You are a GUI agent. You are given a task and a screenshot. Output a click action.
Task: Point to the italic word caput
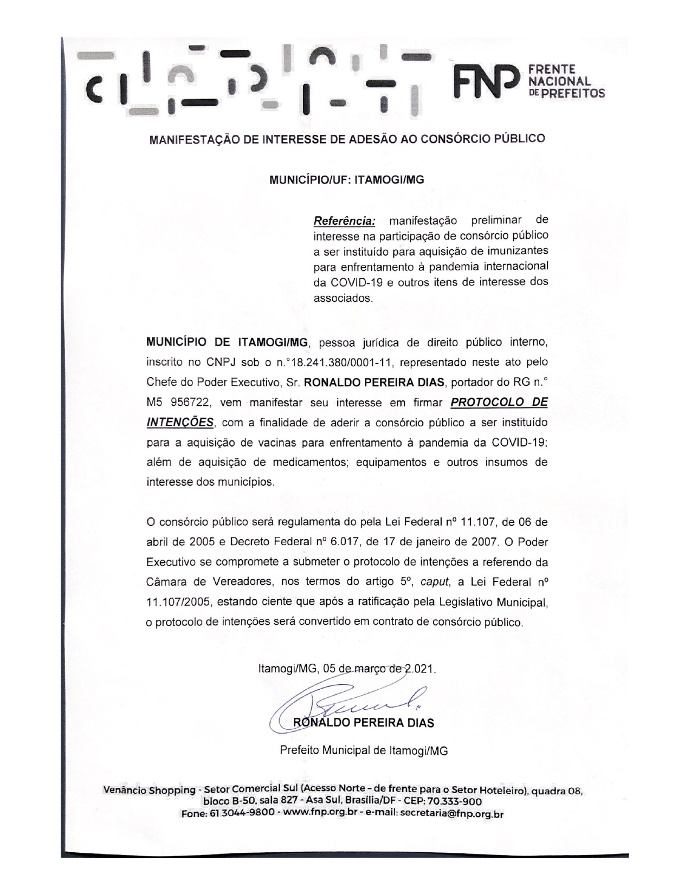pos(433,582)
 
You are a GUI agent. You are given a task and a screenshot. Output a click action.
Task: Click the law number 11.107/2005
pos(180,602)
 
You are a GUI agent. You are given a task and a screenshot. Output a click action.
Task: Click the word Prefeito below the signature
pos(299,750)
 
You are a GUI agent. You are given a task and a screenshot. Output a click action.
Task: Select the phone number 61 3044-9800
pos(241,813)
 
